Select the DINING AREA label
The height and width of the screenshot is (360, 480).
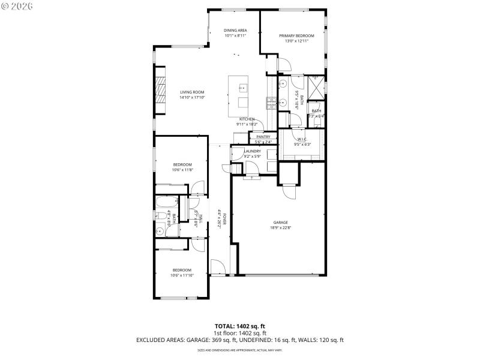click(x=235, y=30)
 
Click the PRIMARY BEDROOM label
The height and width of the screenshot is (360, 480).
click(x=296, y=35)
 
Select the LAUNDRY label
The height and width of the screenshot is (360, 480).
click(x=253, y=151)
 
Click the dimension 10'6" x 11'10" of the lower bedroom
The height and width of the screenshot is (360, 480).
click(x=182, y=275)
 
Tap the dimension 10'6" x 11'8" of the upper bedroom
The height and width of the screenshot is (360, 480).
click(x=182, y=170)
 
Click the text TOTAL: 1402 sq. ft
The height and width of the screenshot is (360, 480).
click(x=239, y=326)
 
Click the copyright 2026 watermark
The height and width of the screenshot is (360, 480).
click(x=17, y=5)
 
